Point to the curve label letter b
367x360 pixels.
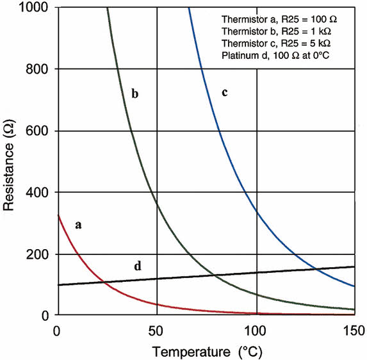135,94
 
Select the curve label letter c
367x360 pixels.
225,92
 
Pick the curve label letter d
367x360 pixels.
137,265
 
